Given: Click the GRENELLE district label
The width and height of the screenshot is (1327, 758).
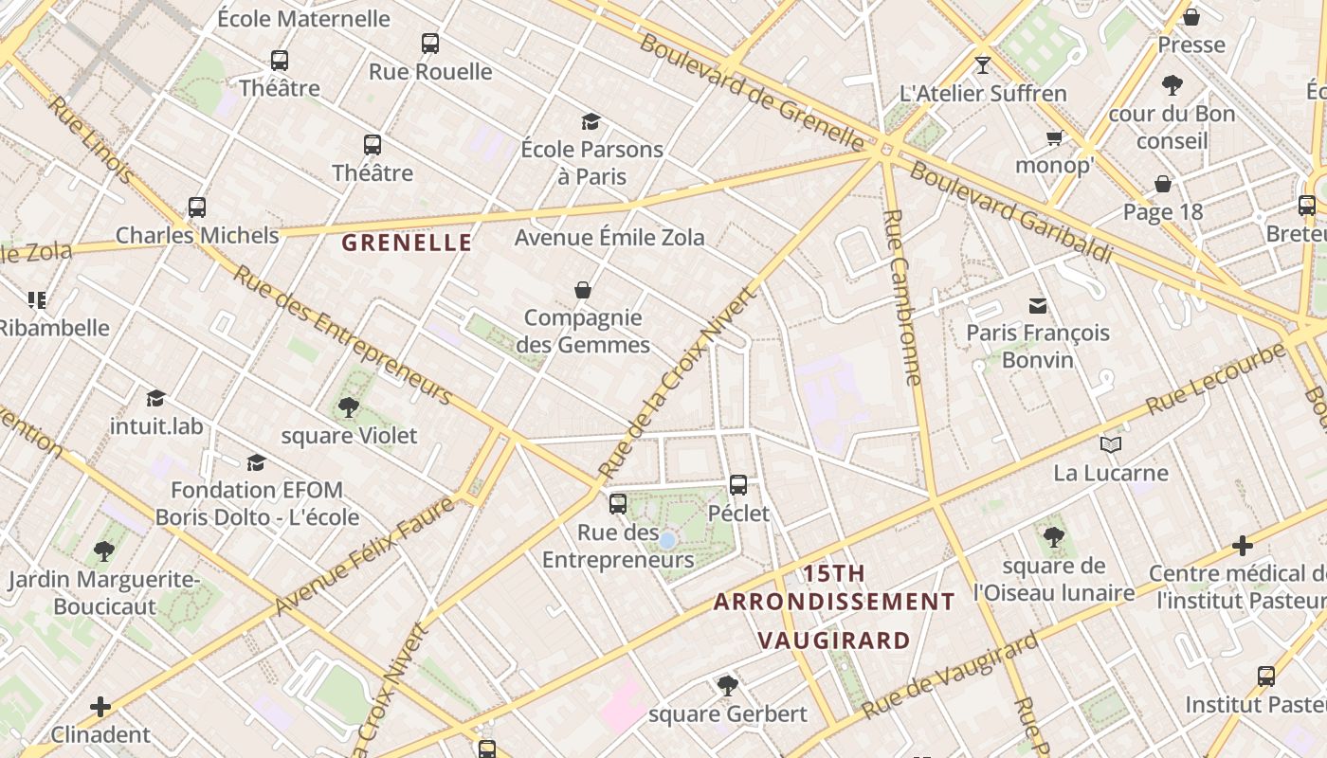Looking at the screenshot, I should [407, 243].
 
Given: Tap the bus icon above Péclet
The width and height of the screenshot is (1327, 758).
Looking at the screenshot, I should [738, 485].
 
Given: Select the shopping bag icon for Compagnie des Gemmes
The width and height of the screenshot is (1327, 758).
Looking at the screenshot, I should [583, 290].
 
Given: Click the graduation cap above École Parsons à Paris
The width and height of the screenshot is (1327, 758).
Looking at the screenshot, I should [591, 121].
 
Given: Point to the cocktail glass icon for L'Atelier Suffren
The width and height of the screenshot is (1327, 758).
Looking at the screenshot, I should [982, 65].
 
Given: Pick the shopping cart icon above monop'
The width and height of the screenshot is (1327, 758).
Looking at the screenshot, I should [1054, 138].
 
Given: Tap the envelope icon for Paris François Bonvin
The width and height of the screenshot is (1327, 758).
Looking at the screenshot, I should [1038, 305].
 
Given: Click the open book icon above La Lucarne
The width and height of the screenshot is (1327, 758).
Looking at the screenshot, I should [1111, 444].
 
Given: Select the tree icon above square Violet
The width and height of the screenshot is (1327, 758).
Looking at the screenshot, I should [348, 407].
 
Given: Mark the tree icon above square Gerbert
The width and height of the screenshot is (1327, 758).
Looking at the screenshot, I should [727, 685].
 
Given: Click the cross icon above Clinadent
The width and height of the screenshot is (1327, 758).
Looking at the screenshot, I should [100, 707].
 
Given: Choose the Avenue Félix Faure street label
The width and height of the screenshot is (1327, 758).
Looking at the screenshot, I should [364, 557].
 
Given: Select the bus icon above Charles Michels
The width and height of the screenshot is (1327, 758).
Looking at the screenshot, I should [197, 207].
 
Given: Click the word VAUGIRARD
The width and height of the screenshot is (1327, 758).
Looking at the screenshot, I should [834, 641].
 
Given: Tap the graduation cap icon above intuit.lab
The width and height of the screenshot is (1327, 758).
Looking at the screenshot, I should [156, 398].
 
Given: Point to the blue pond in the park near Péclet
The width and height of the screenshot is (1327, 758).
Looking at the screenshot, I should [667, 540].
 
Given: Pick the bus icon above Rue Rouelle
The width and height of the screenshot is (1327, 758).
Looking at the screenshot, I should [430, 43].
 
